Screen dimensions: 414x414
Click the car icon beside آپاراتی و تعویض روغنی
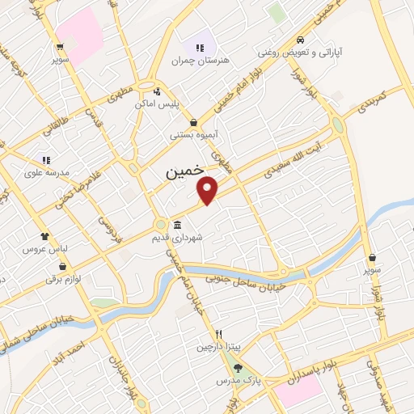[x=300, y=39]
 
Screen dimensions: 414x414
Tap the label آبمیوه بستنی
[x=191, y=135]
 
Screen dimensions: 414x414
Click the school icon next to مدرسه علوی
[x=47, y=160]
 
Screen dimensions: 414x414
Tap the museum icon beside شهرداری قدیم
[x=176, y=225]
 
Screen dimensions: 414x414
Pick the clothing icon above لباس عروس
[x=44, y=237]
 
